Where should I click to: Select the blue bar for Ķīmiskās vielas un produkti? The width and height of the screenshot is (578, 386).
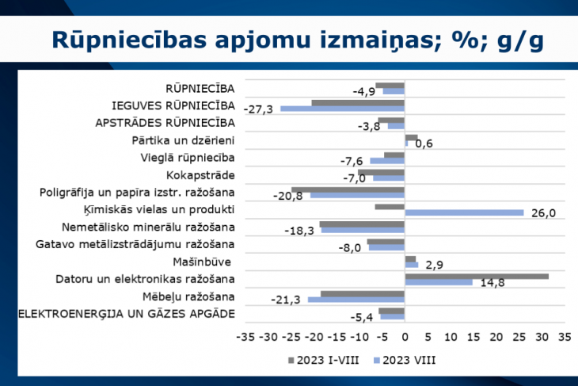click(x=464, y=212)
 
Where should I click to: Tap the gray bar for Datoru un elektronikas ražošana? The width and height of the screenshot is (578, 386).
click(x=477, y=277)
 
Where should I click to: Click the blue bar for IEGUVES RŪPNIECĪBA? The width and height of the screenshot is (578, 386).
click(x=342, y=108)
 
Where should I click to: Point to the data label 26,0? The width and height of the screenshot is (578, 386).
click(x=546, y=213)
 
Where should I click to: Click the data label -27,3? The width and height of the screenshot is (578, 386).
click(x=259, y=109)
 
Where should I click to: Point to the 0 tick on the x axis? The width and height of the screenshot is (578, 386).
click(x=405, y=336)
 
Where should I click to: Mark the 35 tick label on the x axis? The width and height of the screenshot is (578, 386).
click(x=564, y=336)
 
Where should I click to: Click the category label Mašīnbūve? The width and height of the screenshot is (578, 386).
click(x=203, y=262)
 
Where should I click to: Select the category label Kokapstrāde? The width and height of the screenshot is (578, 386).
click(x=201, y=175)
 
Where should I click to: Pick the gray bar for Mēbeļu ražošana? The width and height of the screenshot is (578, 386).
click(x=362, y=294)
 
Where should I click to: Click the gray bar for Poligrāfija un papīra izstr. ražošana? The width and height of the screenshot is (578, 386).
click(x=348, y=190)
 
